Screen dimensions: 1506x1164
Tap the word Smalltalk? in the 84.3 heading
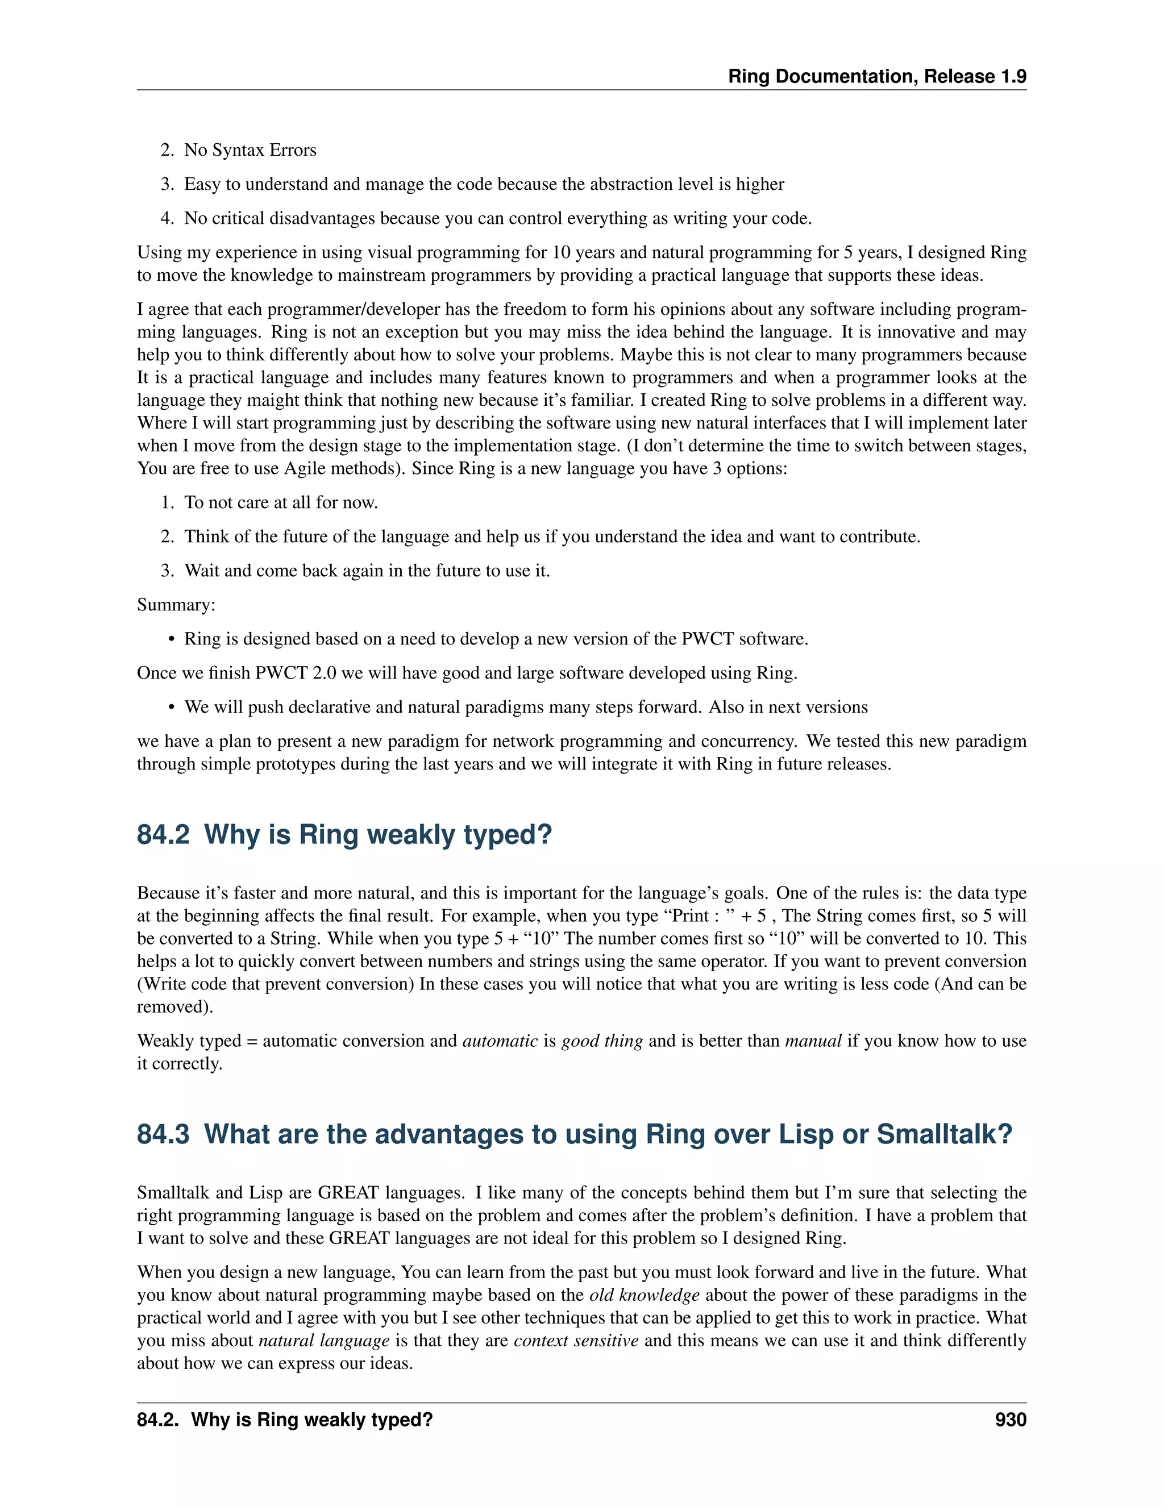click(x=944, y=1134)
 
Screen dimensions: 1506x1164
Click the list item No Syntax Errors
click(x=250, y=151)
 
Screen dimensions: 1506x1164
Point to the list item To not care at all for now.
click(x=281, y=503)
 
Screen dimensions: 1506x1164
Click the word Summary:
click(x=176, y=605)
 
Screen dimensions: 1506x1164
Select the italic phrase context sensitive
click(x=576, y=1341)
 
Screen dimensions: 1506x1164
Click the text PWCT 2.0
click(x=295, y=673)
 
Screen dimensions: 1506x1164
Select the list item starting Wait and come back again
click(x=366, y=571)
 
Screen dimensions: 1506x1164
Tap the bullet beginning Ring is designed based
click(x=495, y=639)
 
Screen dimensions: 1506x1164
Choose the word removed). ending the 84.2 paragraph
click(x=174, y=1007)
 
